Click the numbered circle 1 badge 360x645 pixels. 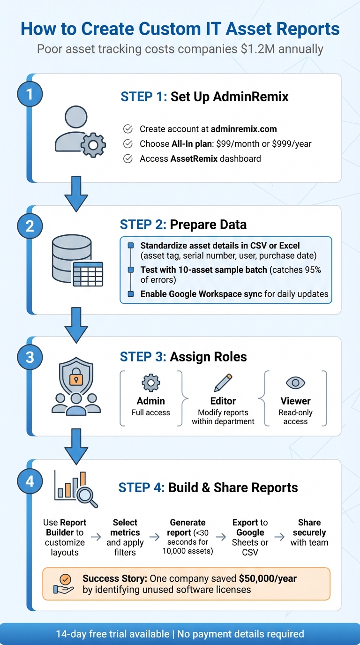(x=30, y=95)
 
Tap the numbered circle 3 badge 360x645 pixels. (x=30, y=357)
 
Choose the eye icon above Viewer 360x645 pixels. (x=295, y=383)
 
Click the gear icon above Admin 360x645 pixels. (x=150, y=383)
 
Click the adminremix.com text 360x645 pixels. (x=244, y=129)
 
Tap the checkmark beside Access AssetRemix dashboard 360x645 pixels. (x=127, y=159)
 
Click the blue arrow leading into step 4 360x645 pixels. (x=76, y=447)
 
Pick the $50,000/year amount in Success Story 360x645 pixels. (x=268, y=578)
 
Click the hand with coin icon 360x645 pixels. (x=64, y=584)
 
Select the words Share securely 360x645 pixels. (x=309, y=527)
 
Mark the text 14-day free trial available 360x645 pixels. (x=112, y=634)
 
